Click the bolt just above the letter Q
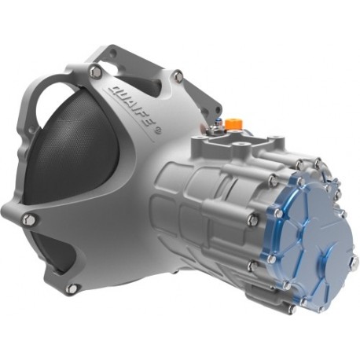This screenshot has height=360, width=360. coord(95,72)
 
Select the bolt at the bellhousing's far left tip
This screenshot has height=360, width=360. coord(29,219)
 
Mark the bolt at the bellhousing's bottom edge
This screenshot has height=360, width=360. coord(72,288)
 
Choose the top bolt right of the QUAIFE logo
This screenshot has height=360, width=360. coord(178,76)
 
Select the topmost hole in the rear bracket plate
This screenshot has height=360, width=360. coord(112,53)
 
